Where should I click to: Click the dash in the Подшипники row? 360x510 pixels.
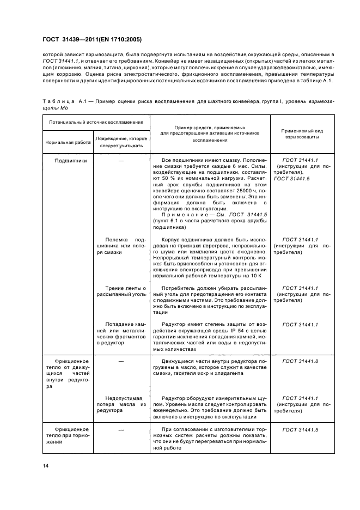[x=121, y=160]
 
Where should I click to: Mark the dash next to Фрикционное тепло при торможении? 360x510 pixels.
[x=121, y=430]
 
